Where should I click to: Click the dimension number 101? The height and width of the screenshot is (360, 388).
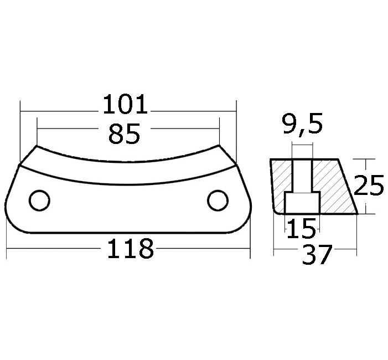(x=125, y=105)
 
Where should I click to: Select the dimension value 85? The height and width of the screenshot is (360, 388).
(x=124, y=134)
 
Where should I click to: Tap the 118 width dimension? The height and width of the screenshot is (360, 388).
(x=131, y=248)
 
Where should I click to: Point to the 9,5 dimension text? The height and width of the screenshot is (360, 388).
(x=302, y=124)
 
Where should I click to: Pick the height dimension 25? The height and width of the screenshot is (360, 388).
(x=369, y=185)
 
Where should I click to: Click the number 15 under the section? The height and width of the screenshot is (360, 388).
(x=301, y=228)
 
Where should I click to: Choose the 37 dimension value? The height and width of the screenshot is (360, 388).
(x=317, y=254)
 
